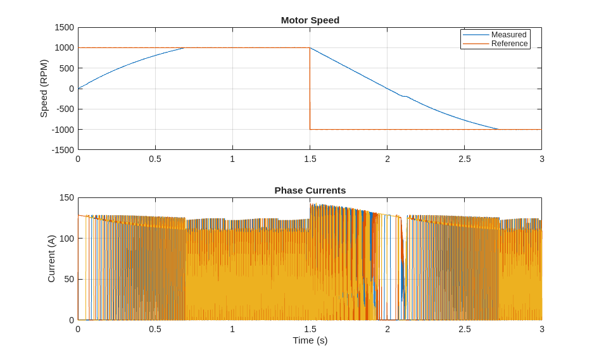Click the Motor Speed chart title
pyautogui.click(x=310, y=20)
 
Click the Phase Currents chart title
pyautogui.click(x=310, y=190)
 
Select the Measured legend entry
pyautogui.click(x=508, y=35)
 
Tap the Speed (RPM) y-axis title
pyautogui.click(x=44, y=89)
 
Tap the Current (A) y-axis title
pyautogui.click(x=51, y=259)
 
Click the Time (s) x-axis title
pyautogui.click(x=310, y=340)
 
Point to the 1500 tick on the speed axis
pyautogui.click(x=64, y=28)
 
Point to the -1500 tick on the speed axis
pyautogui.click(x=63, y=150)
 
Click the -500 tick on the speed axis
pyautogui.click(x=65, y=109)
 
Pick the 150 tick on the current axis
pyautogui.click(x=66, y=198)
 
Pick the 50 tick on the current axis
pyautogui.click(x=69, y=280)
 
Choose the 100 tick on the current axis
pyautogui.click(x=66, y=239)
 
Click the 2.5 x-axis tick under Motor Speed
pyautogui.click(x=465, y=159)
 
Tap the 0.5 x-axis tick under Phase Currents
pyautogui.click(x=155, y=330)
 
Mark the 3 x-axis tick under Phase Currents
pyautogui.click(x=542, y=330)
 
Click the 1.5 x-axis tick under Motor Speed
pyautogui.click(x=310, y=159)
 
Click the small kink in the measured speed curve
pyautogui.click(x=404, y=96)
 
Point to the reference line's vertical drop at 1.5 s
pyautogui.click(x=310, y=89)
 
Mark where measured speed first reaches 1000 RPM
pyautogui.click(x=185, y=48)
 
